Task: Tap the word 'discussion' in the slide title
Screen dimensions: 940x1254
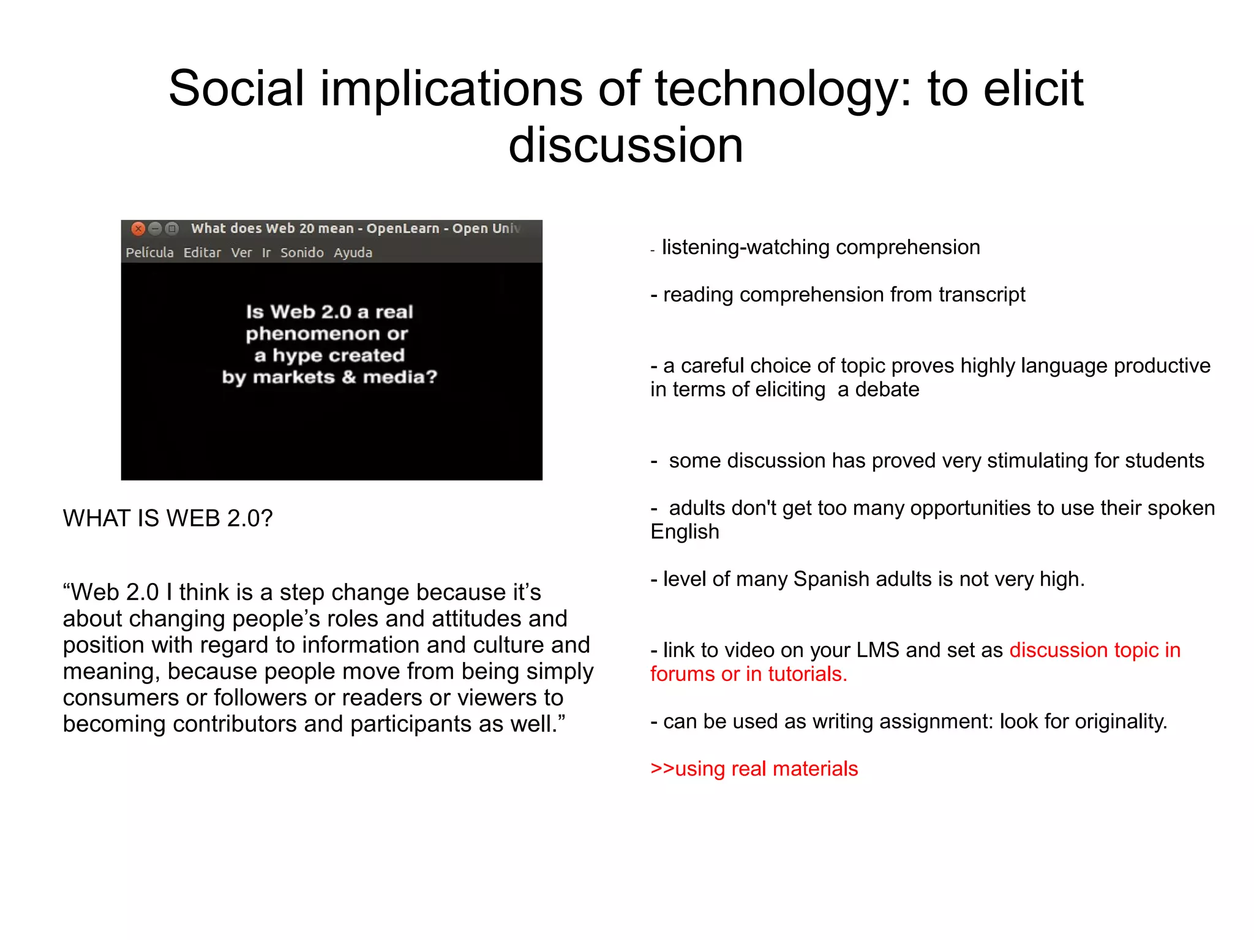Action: coord(626,146)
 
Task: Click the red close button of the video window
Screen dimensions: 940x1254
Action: coord(138,229)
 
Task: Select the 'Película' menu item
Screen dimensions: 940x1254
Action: coord(149,252)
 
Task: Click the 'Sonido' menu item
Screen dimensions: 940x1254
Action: coord(302,252)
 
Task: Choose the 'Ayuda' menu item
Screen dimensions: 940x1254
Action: coord(353,252)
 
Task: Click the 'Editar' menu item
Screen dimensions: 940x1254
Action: coord(202,252)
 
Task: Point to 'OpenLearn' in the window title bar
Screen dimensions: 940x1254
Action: coord(403,228)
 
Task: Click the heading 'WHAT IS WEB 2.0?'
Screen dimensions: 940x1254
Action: coord(167,519)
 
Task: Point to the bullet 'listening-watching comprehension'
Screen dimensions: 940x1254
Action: coord(820,247)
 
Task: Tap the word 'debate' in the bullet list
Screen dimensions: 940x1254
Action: coord(887,389)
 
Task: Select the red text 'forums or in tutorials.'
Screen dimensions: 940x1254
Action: coord(748,674)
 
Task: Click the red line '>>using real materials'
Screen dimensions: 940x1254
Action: coord(754,769)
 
